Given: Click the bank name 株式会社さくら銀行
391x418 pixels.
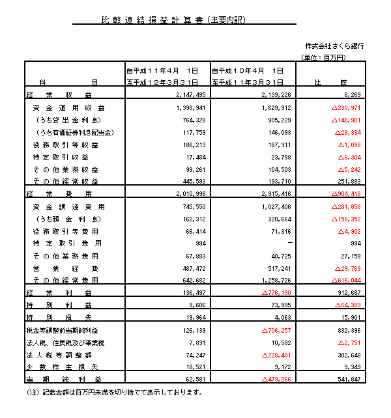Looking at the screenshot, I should tap(334, 46).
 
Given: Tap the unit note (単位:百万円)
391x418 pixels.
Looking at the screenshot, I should tap(323, 58).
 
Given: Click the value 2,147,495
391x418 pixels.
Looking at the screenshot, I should tap(190, 95).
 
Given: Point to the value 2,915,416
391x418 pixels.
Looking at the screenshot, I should tap(274, 194).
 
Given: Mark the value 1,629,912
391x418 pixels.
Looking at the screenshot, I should tap(274, 107).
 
